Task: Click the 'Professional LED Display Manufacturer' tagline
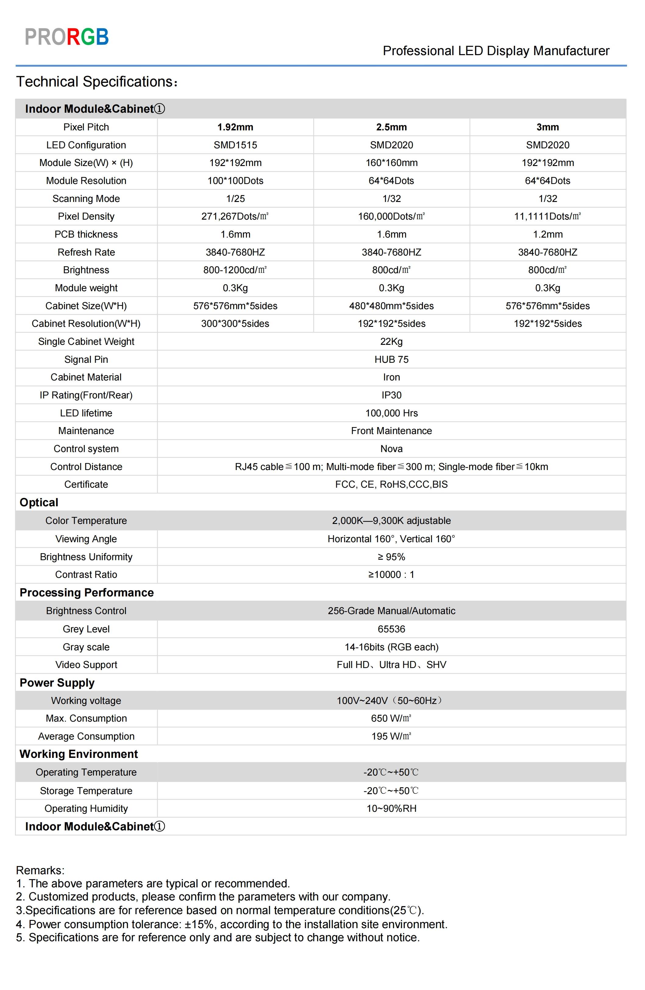point(496,51)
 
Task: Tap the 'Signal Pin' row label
point(86,359)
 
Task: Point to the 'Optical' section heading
point(39,503)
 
